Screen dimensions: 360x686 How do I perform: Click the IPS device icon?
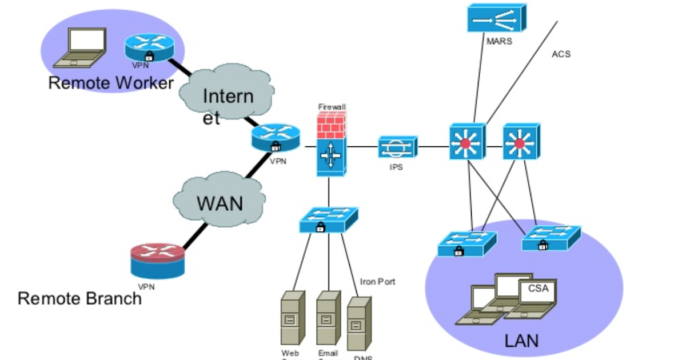(x=397, y=147)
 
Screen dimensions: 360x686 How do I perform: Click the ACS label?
(x=561, y=54)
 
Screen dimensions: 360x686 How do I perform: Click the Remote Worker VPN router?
(x=149, y=47)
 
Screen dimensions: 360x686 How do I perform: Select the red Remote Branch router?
(x=157, y=259)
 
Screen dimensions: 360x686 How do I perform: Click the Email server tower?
(x=328, y=317)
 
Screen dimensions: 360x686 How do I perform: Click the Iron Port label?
(x=377, y=282)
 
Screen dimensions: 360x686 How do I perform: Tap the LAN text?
(x=521, y=341)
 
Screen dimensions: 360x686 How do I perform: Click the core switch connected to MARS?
(x=466, y=142)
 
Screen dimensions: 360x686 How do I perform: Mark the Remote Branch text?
(x=79, y=298)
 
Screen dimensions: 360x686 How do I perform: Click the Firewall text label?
(x=332, y=107)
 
